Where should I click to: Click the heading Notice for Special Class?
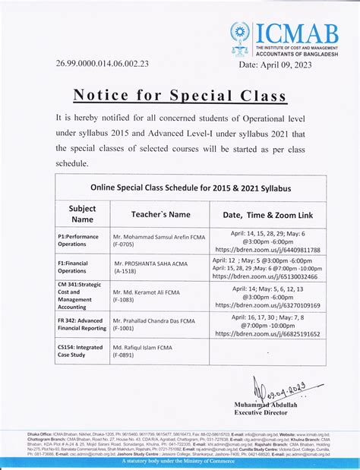pos(179,95)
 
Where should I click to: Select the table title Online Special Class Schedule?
pos(191,187)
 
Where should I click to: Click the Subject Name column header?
pos(82,213)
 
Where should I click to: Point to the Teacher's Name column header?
pos(160,215)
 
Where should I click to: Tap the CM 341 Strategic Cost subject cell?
pos(80,296)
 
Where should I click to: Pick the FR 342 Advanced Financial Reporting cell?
pos(82,325)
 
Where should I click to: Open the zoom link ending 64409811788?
pos(267,249)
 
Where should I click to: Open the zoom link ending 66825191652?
pos(267,333)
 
